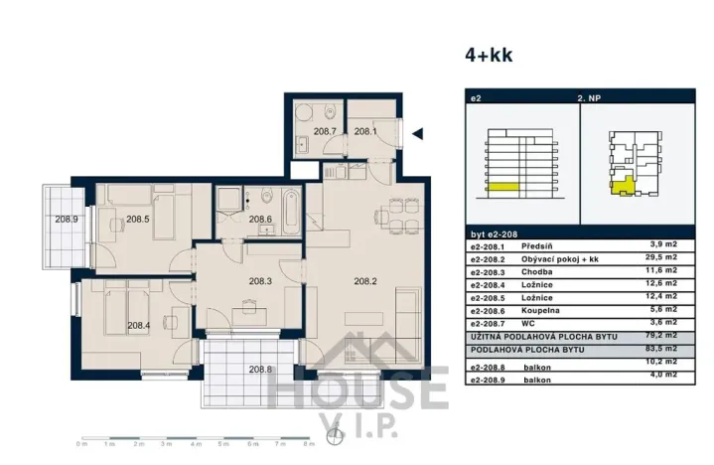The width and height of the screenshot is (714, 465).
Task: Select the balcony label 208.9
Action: pyautogui.click(x=67, y=220)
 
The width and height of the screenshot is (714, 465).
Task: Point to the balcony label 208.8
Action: pyautogui.click(x=261, y=370)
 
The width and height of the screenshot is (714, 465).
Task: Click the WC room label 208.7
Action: pyautogui.click(x=325, y=131)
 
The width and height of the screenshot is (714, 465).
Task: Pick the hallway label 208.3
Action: pyautogui.click(x=259, y=281)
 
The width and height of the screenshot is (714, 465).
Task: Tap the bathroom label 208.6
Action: pyautogui.click(x=259, y=220)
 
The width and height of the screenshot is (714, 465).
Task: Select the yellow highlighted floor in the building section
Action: pyautogui.click(x=501, y=187)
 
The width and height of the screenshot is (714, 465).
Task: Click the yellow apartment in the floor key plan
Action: pyautogui.click(x=623, y=184)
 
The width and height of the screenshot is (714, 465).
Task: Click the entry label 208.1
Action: pyautogui.click(x=366, y=131)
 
